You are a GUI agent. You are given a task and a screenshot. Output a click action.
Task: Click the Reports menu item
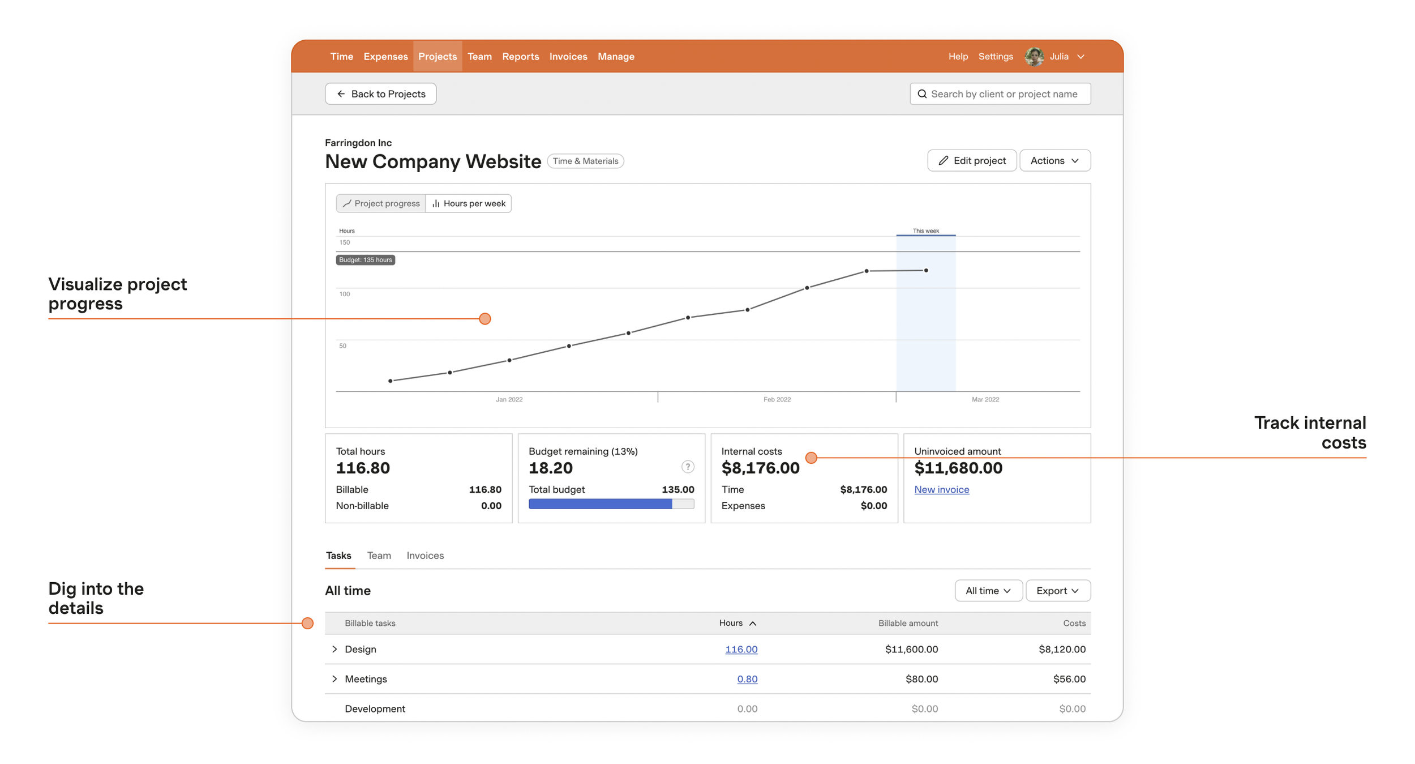point(520,57)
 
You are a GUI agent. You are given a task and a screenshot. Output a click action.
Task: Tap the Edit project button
point(972,161)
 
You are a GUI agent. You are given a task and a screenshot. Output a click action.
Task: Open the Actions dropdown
point(1054,161)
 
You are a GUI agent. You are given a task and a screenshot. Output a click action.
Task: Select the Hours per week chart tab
point(469,203)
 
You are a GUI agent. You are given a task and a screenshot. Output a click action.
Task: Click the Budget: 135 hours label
point(366,260)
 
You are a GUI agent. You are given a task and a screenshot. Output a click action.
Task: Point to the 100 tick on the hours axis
point(345,294)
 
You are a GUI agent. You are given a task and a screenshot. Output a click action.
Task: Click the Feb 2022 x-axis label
point(777,400)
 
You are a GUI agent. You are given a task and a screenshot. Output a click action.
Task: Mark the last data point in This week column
point(926,271)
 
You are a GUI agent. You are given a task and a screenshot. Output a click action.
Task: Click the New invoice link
point(941,490)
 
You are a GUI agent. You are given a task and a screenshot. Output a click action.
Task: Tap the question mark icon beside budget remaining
point(687,467)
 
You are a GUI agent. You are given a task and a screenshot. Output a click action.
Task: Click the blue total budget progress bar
point(600,504)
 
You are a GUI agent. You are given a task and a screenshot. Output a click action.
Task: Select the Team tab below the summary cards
point(379,556)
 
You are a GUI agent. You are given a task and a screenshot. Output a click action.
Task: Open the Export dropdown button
point(1057,591)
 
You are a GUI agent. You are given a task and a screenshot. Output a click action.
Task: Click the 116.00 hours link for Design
point(741,650)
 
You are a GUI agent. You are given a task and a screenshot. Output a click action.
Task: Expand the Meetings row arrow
point(335,679)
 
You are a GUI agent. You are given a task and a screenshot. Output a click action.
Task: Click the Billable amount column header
point(908,624)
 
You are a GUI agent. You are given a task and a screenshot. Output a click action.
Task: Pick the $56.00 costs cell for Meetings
point(1069,679)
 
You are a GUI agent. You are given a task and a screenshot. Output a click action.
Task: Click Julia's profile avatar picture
point(1034,57)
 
